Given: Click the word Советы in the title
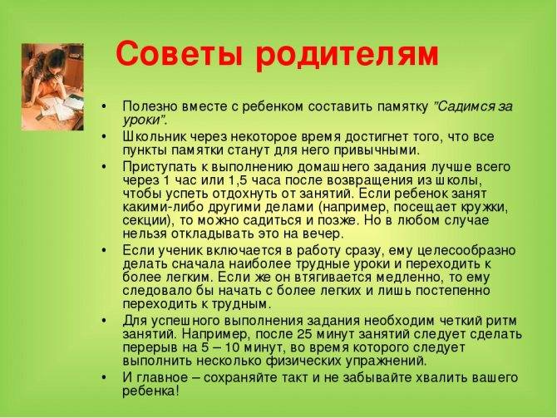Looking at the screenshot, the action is [x=180, y=53].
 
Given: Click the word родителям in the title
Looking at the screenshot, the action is [x=348, y=56].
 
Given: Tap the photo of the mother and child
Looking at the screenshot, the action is [x=52, y=86].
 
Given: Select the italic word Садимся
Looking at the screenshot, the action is [x=465, y=106].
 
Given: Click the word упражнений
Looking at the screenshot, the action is [x=386, y=361].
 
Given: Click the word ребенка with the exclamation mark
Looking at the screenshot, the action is [x=151, y=391].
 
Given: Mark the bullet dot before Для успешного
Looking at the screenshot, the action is [x=103, y=321].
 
